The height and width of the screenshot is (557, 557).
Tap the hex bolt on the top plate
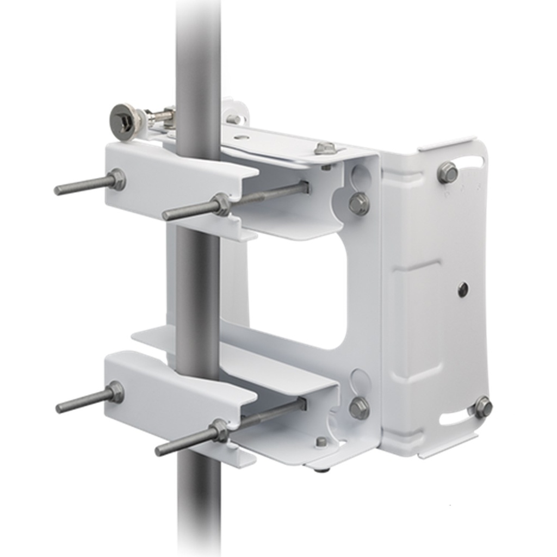(325, 148)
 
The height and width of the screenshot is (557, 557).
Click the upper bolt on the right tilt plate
(447, 172)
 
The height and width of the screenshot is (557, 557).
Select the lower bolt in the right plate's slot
(482, 407)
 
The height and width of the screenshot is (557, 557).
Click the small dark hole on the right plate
(462, 289)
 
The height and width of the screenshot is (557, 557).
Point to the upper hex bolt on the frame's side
(359, 203)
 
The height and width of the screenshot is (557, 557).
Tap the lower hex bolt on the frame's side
(359, 408)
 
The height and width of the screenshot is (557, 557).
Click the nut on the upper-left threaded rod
(116, 180)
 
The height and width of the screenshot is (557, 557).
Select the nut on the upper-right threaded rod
(222, 205)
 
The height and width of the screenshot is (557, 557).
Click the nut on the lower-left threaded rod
(115, 392)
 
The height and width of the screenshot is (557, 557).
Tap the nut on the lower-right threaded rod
(220, 430)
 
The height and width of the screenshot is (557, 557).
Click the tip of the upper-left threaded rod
(58, 190)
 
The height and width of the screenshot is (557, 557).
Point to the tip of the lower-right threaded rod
(159, 451)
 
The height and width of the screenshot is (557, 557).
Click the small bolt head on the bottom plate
(321, 442)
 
